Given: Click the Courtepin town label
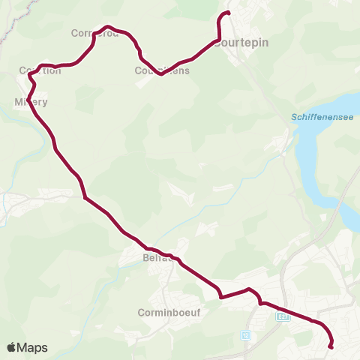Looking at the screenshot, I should [x=241, y=43].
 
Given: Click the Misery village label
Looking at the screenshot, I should [x=31, y=101].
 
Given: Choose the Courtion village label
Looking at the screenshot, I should [x=40, y=70].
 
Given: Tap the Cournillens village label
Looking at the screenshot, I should [x=162, y=71].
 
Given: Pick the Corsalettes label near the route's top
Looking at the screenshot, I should [x=94, y=33].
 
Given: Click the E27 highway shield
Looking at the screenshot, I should [x=282, y=316].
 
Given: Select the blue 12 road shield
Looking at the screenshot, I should [x=247, y=334].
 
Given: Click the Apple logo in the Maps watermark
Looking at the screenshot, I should [x=12, y=347].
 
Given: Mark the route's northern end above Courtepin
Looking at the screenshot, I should [x=227, y=13].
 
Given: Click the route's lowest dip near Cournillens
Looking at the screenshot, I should [x=160, y=74].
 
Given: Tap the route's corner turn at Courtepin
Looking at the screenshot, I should [x=218, y=39].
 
